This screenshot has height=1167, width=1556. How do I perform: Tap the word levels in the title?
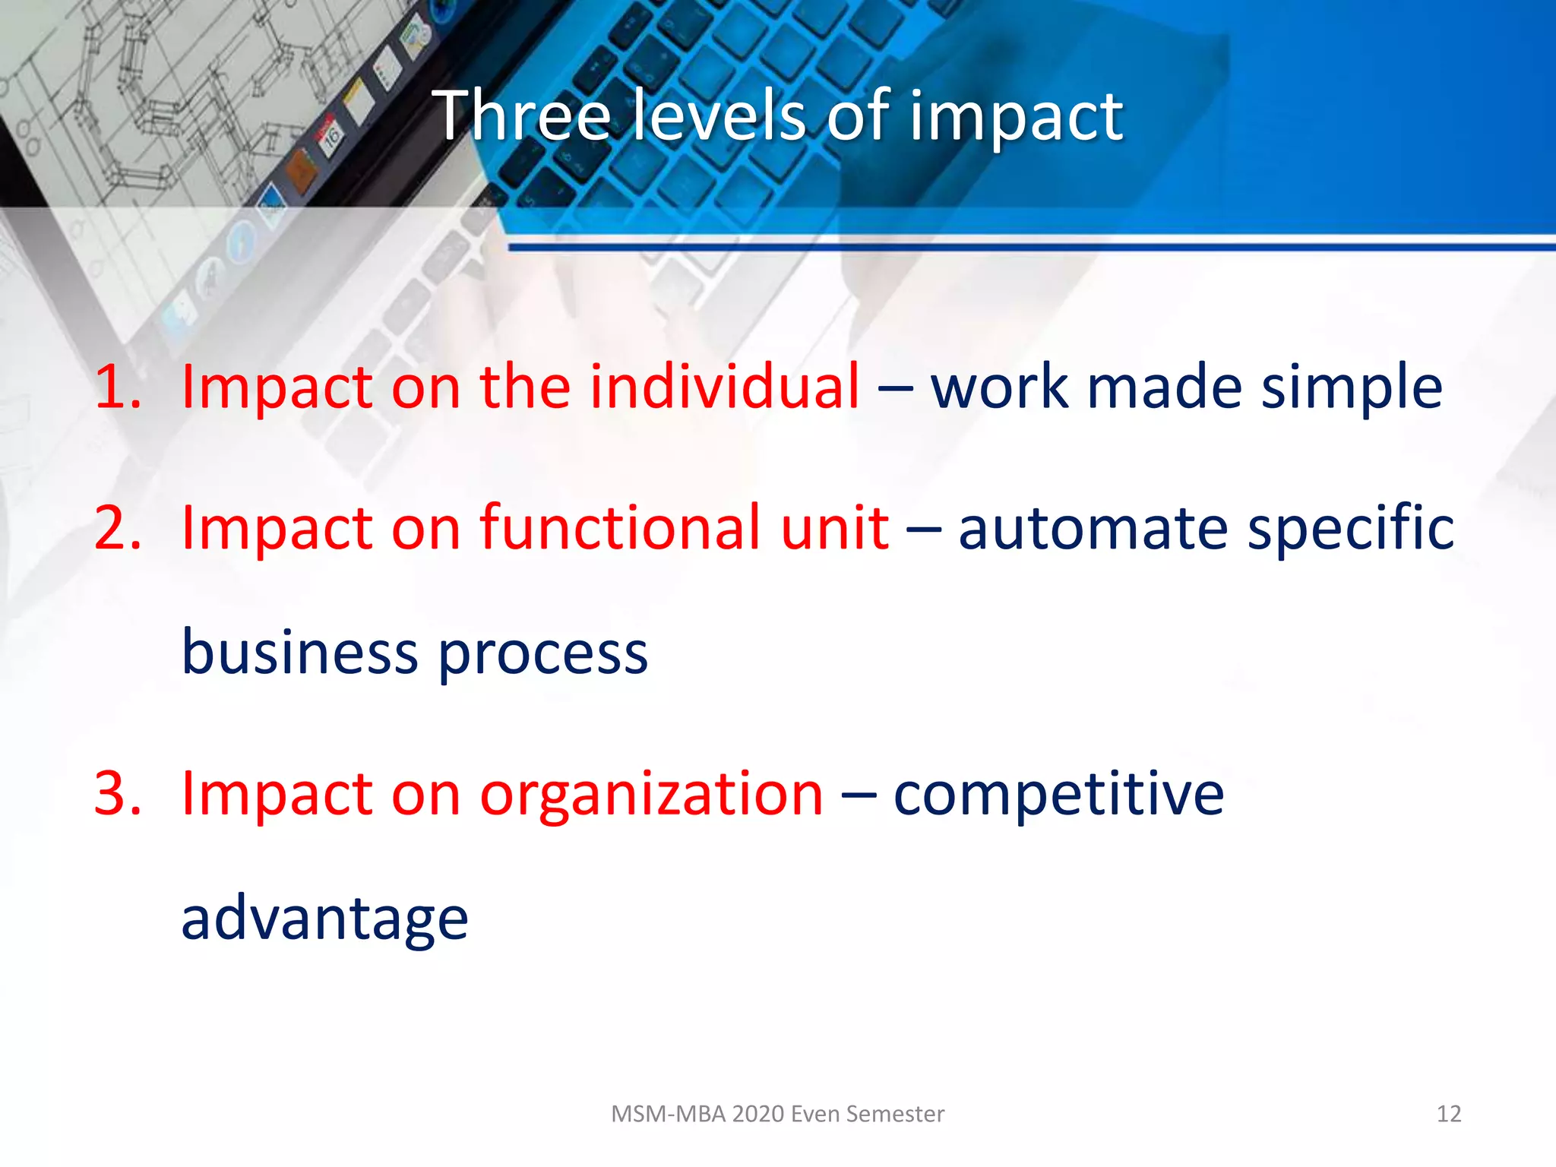tap(719, 115)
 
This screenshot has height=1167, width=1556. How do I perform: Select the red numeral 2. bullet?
tap(118, 528)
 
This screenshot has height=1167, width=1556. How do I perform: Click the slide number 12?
tap(1448, 1114)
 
